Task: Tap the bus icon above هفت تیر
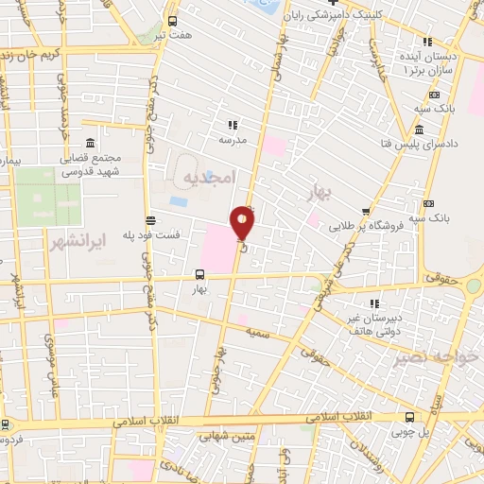point(171,21)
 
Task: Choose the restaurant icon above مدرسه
point(233,125)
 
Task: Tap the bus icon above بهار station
point(199,274)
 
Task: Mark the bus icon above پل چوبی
point(408,417)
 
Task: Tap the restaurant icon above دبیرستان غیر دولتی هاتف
point(375,304)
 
